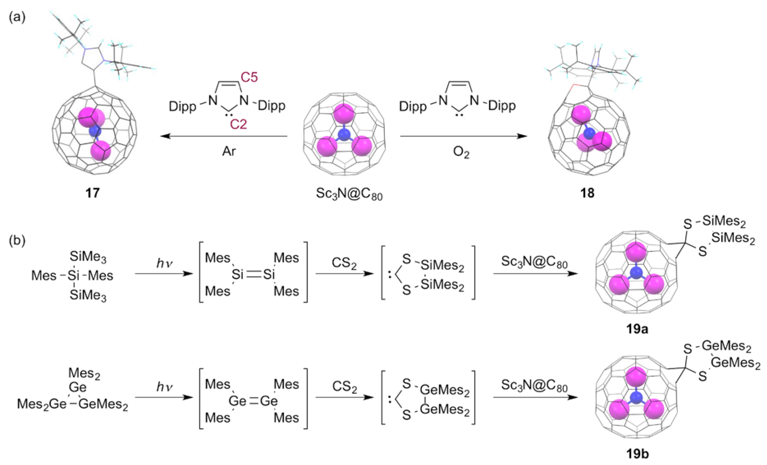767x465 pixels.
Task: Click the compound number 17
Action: [92, 193]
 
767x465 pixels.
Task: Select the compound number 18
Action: [587, 193]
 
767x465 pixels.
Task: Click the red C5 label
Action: [249, 77]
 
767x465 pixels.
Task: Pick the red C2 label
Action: [238, 124]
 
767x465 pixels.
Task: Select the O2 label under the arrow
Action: [461, 153]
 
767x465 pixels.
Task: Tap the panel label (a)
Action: [17, 17]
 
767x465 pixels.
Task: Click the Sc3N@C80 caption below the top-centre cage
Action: [349, 194]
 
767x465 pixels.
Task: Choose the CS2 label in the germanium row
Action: [344, 387]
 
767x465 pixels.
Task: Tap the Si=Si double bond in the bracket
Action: [253, 274]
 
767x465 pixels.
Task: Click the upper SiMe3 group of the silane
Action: [88, 257]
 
